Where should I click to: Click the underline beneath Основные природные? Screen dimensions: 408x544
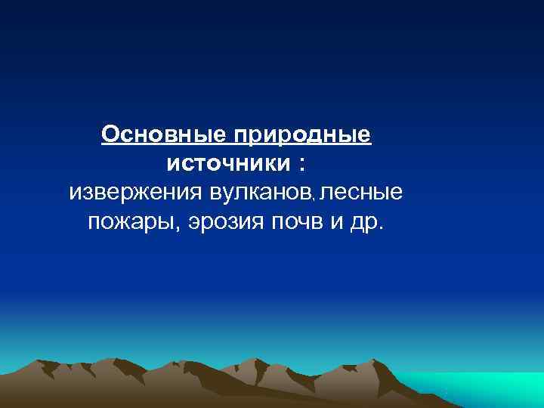(x=236, y=147)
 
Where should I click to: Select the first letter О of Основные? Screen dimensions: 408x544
(x=110, y=135)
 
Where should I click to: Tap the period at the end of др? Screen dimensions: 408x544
(x=380, y=228)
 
